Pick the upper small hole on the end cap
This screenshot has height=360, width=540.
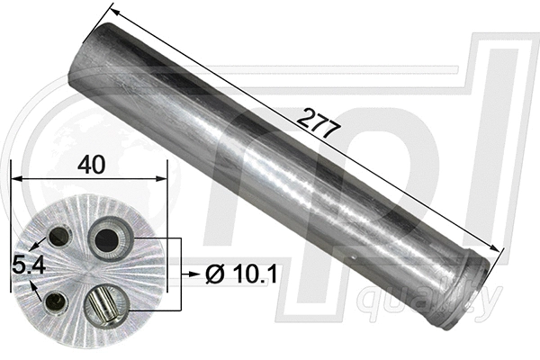coord(59,237)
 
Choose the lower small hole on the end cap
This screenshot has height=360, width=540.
coord(56,303)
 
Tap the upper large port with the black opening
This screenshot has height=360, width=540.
coord(107,240)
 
